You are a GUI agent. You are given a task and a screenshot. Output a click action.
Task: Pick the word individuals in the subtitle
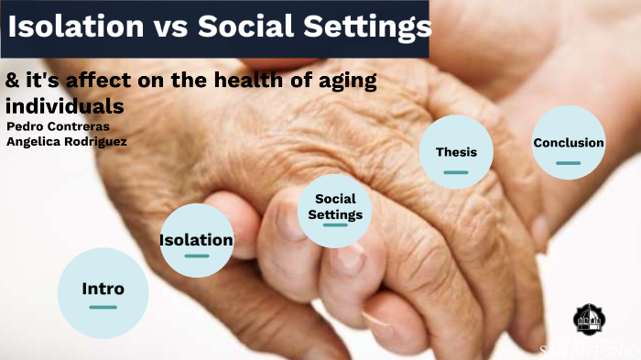pyautogui.click(x=64, y=105)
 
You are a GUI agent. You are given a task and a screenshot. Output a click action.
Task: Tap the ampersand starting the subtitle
pyautogui.click(x=12, y=81)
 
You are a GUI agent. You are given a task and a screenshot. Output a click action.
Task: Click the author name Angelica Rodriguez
pyautogui.click(x=66, y=141)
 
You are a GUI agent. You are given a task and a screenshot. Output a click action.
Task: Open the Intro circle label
pyautogui.click(x=103, y=289)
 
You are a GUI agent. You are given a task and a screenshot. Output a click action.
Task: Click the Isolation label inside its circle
pyautogui.click(x=196, y=240)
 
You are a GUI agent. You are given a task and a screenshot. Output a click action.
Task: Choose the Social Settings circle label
pyautogui.click(x=335, y=207)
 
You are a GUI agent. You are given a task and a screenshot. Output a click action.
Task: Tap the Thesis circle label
pyautogui.click(x=455, y=153)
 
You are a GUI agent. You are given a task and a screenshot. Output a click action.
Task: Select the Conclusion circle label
pyautogui.click(x=569, y=143)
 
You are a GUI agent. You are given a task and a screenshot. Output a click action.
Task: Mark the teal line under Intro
pyautogui.click(x=103, y=308)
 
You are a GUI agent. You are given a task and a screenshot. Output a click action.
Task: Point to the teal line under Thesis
pyautogui.click(x=455, y=171)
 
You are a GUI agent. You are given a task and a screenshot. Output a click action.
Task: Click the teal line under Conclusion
pyautogui.click(x=569, y=162)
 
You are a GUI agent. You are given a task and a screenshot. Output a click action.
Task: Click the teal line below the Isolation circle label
pyautogui.click(x=196, y=256)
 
